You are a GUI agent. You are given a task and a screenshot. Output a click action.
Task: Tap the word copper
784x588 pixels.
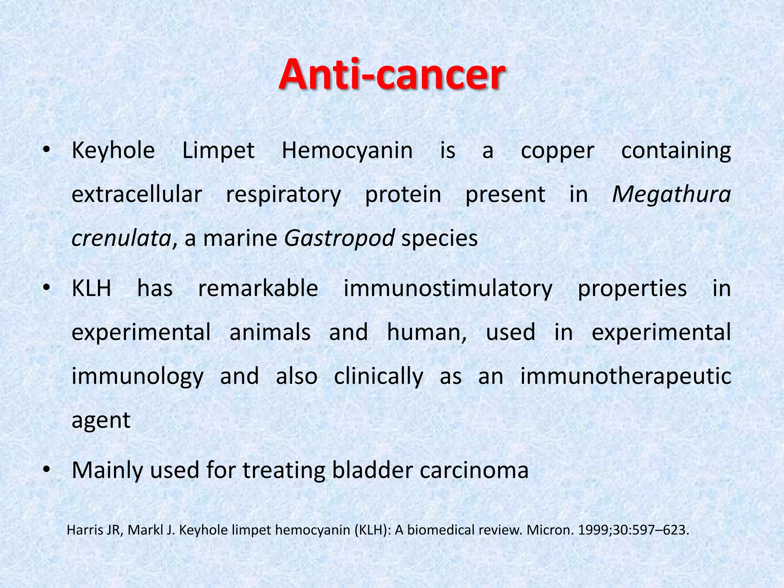point(557,151)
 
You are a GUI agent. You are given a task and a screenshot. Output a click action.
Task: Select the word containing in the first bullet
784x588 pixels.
point(676,151)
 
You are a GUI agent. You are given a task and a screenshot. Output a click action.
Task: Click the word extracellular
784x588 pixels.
point(137,194)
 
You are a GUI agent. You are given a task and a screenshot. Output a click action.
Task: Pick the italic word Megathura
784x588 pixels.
point(671,194)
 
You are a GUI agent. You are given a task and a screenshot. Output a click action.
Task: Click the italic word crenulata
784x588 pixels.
point(121,238)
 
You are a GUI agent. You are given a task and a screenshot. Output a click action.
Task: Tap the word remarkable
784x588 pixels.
point(258,288)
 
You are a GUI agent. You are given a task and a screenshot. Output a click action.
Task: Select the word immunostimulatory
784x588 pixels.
point(448,289)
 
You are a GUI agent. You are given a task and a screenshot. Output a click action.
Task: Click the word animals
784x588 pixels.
point(270,332)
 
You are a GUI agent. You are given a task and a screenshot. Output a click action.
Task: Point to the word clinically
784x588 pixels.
point(379,376)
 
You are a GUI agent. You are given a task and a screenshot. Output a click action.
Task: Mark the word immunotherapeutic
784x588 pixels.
point(626,376)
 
